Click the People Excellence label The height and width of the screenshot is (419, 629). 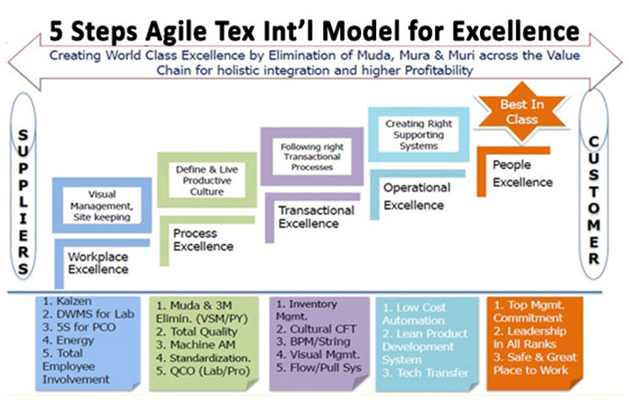[x=523, y=173]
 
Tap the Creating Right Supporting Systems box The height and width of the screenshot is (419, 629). [x=418, y=131]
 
